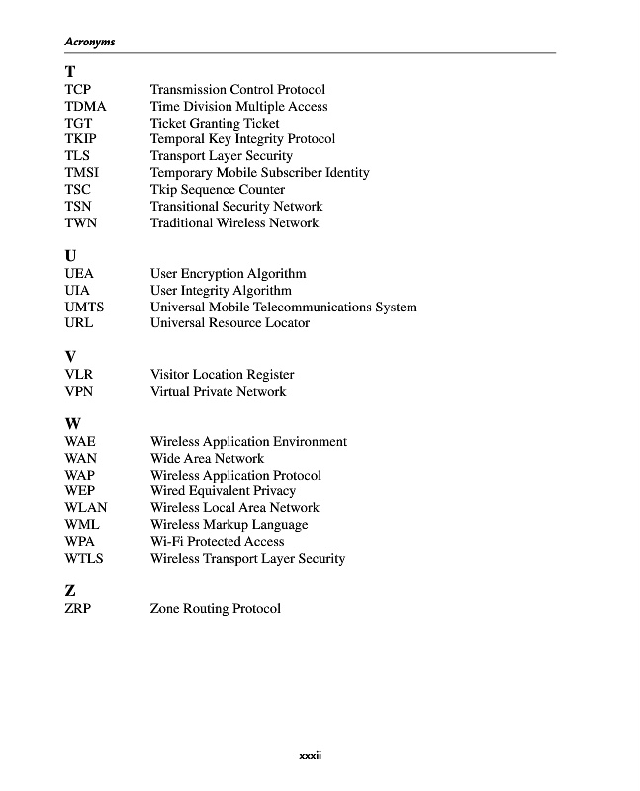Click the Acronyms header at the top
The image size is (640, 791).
click(90, 42)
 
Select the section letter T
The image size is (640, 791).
click(70, 71)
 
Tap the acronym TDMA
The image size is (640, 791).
click(85, 107)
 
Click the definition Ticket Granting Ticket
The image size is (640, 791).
click(215, 124)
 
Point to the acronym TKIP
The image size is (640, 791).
click(81, 139)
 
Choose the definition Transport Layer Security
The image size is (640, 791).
click(222, 156)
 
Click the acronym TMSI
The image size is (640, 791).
click(82, 173)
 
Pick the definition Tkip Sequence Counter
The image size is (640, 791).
click(218, 190)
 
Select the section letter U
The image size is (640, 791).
click(71, 255)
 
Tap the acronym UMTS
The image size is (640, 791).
click(84, 307)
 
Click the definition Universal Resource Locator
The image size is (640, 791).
click(229, 323)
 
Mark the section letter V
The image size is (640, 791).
click(71, 356)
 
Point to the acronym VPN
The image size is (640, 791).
click(79, 392)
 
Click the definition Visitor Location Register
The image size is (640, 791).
click(222, 375)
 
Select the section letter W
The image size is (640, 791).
click(73, 423)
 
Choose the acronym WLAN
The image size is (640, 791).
click(86, 508)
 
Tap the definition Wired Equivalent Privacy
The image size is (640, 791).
click(223, 491)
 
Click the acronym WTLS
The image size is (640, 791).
click(84, 559)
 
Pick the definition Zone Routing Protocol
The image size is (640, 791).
click(215, 609)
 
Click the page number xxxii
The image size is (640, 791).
click(312, 757)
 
